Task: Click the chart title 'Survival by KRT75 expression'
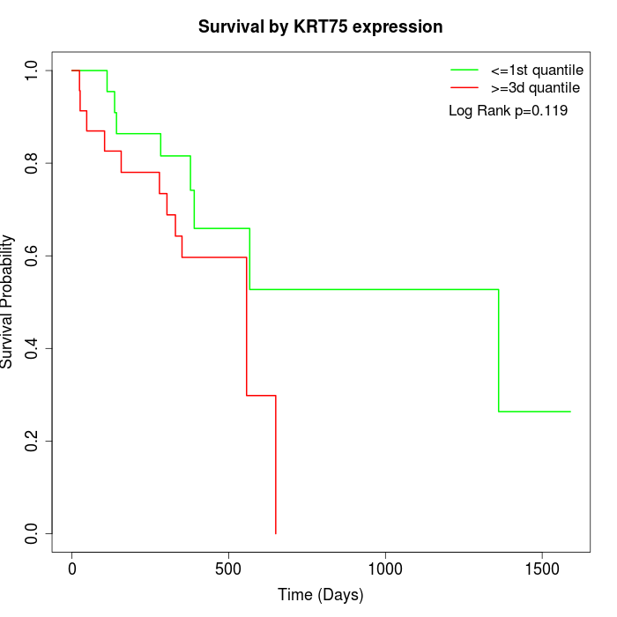click(320, 26)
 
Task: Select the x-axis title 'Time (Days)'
click(320, 595)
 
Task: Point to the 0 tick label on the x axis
click(72, 569)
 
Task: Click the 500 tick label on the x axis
click(228, 569)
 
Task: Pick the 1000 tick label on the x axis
click(385, 569)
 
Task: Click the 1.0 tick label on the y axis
click(33, 71)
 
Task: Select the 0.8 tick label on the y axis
click(33, 163)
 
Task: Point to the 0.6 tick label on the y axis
click(33, 256)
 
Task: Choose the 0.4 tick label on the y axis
click(33, 348)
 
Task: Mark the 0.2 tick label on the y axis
click(33, 441)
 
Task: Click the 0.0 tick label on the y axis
click(33, 533)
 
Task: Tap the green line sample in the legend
click(465, 70)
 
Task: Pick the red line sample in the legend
click(465, 87)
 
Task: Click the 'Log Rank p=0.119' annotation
click(508, 111)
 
